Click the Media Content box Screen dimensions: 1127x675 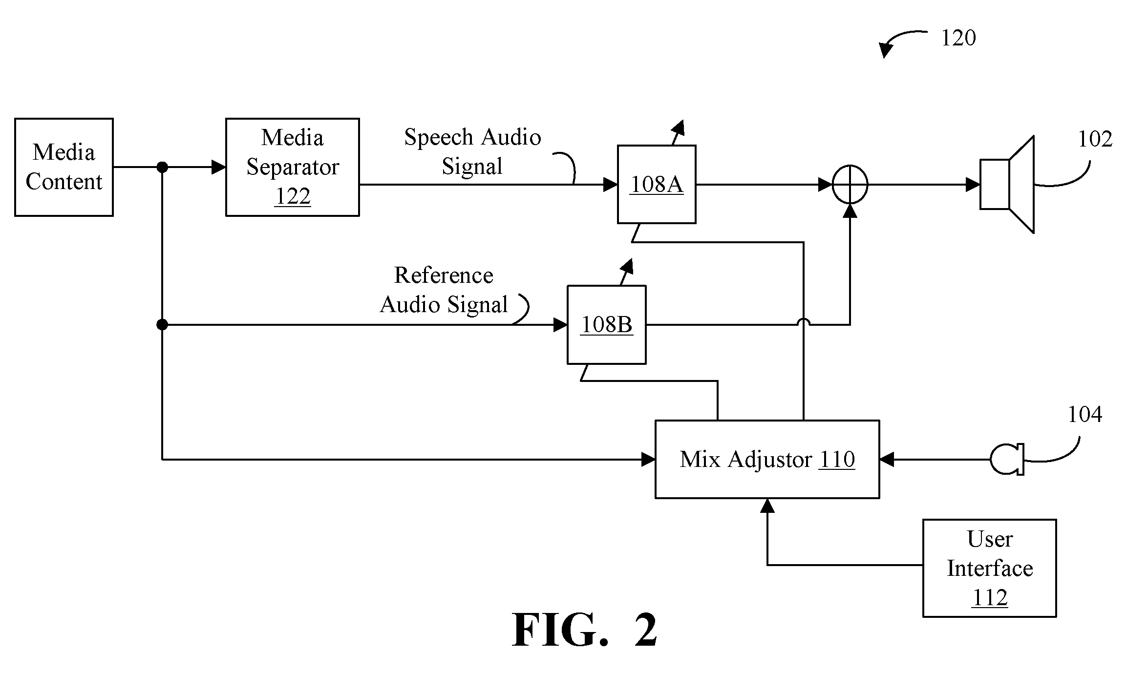64,167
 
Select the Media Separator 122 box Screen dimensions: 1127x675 293,167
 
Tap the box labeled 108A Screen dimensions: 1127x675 657,184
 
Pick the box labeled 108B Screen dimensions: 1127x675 607,325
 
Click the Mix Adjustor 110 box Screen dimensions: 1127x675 767,459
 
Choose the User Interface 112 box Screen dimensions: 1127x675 990,568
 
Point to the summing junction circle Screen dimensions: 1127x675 850,185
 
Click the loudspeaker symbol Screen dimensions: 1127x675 1007,185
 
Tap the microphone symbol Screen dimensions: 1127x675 1007,459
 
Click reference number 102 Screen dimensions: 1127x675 1095,139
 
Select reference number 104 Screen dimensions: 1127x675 1084,415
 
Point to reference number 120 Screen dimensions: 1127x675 958,38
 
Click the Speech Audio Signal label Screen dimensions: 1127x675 473,151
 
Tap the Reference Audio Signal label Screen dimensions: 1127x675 444,290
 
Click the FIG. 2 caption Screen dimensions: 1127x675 585,630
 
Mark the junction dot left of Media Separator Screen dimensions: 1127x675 162,168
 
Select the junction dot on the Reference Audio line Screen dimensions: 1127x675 162,325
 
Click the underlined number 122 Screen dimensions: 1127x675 293,196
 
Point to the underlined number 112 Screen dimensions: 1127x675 990,598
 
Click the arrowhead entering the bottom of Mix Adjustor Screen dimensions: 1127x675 767,505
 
